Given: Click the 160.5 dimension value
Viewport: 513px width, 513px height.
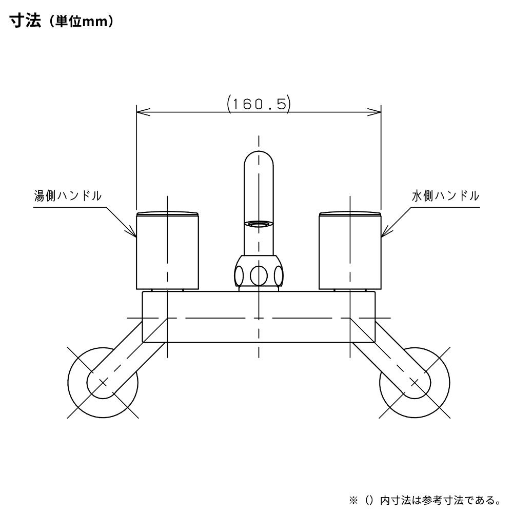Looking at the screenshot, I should click(259, 104).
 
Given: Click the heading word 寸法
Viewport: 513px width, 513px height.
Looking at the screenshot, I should click(25, 23).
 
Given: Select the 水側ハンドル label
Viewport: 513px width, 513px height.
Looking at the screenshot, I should click(445, 195).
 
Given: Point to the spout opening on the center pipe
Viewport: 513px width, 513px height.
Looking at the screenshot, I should click(259, 224).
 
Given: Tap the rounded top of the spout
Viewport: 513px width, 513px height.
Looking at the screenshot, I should click(259, 156).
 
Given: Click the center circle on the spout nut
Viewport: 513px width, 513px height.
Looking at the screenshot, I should click(259, 275).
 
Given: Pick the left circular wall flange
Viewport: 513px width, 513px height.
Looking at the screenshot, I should click(103, 382).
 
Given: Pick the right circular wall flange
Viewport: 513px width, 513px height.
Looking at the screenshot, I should click(415, 382).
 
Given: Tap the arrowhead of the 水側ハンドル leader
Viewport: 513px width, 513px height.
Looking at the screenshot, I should click(384, 236).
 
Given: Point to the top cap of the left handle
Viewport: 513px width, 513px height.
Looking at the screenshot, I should click(167, 213).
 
